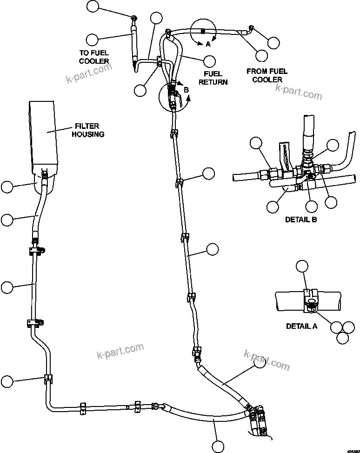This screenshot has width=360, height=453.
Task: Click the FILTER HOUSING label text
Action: (90, 130)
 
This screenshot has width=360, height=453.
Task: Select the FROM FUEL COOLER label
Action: (267, 75)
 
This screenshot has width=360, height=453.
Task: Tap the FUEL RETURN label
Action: (213, 78)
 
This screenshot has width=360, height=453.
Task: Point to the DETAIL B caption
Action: (301, 219)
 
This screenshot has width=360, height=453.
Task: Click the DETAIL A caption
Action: (301, 326)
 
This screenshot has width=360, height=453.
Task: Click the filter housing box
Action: (43, 135)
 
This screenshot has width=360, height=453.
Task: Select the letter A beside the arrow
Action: (208, 45)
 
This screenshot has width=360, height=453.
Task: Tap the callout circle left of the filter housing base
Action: (7, 187)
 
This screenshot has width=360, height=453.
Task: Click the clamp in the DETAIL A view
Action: (309, 300)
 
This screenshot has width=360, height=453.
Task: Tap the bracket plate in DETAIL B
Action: (284, 153)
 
